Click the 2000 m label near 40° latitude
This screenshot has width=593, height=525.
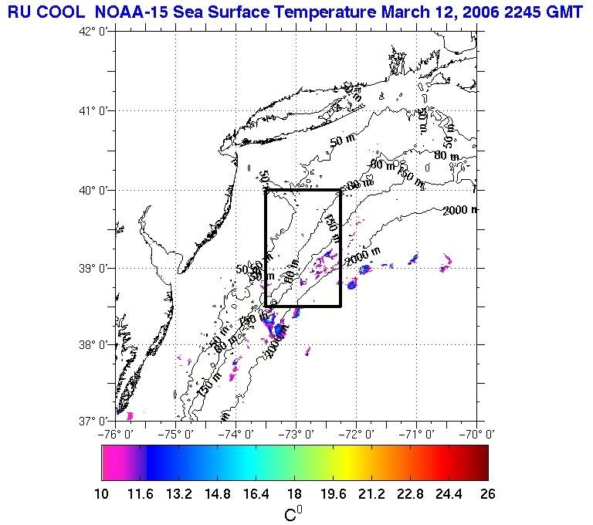coord(460,210)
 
